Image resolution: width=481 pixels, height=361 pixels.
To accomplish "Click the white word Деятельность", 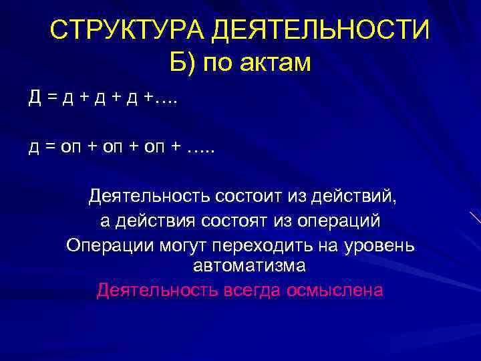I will (x=148, y=197).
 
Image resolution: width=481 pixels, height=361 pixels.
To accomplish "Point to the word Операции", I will (x=110, y=245).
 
